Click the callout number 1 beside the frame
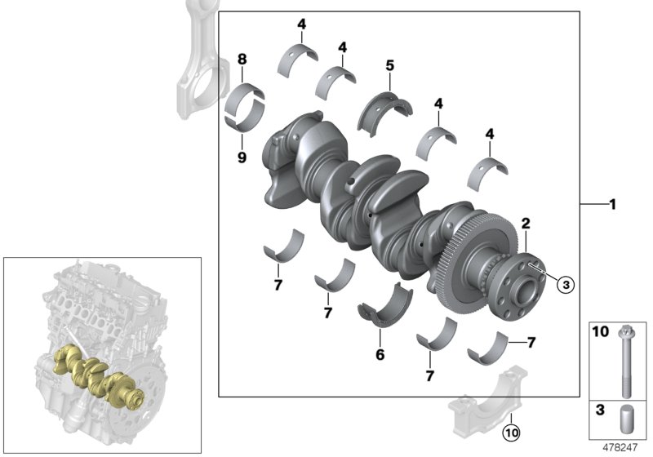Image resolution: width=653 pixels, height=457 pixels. pyautogui.click(x=611, y=205)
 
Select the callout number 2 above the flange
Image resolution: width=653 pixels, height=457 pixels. pyautogui.click(x=526, y=222)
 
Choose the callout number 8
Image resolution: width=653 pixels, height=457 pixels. pyautogui.click(x=242, y=59)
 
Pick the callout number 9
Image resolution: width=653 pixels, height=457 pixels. pyautogui.click(x=242, y=158)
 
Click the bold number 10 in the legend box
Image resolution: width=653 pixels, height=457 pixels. pyautogui.click(x=600, y=331)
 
